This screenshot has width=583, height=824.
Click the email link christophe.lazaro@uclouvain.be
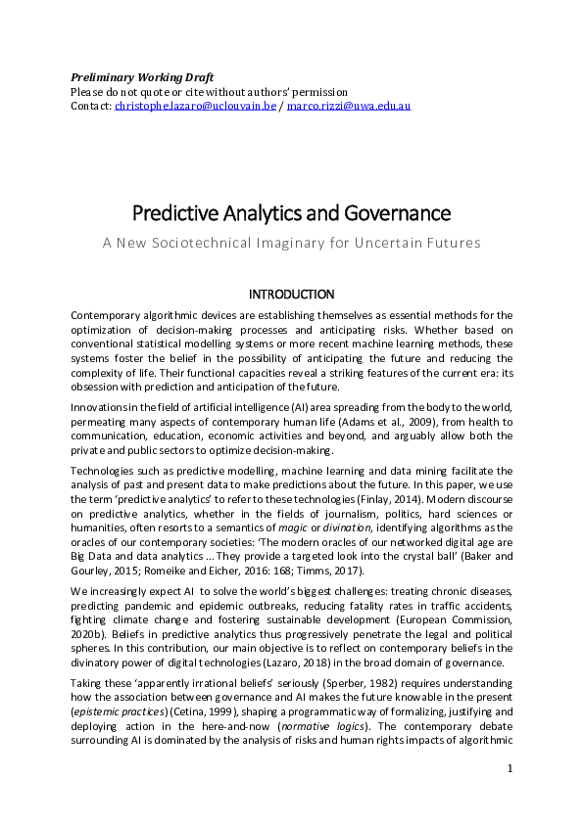click(x=197, y=105)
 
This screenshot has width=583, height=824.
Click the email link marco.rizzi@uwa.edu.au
click(x=349, y=105)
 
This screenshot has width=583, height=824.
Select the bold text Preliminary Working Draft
click(x=142, y=77)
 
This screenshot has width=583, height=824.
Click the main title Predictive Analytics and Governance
click(x=291, y=212)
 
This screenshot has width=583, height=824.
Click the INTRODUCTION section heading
click(x=291, y=295)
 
